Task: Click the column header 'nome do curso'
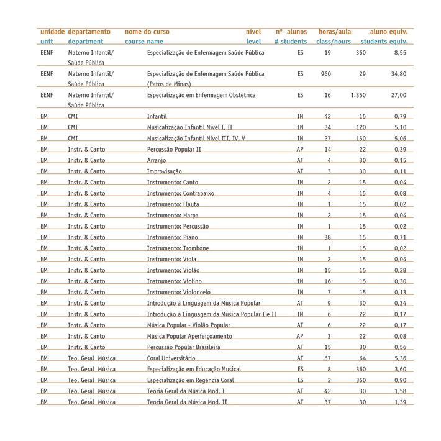147,32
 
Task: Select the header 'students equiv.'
384,42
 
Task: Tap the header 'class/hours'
333,42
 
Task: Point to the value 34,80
398,73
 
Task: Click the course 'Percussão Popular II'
174,150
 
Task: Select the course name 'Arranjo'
157,161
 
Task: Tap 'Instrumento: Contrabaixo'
180,193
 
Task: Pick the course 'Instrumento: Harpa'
173,215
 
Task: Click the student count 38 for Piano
327,237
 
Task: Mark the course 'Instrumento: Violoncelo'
178,292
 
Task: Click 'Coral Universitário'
171,358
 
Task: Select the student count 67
327,358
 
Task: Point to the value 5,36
399,358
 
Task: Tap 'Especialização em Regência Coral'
190,380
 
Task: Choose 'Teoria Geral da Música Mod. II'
187,402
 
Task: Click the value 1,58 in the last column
399,391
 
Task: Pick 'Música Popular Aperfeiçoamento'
186,336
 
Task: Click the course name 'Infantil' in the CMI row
157,117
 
